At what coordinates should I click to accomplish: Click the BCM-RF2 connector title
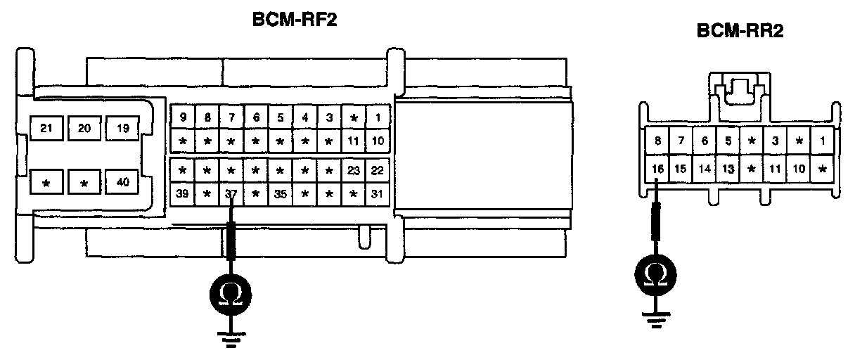(295, 20)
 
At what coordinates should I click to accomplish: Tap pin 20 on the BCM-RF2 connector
(84, 127)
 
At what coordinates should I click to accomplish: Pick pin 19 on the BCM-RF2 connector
(122, 127)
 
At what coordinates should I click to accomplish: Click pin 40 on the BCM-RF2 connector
(122, 183)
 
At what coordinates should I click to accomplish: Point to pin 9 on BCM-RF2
(183, 117)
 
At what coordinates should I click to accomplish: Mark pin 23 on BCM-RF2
(353, 169)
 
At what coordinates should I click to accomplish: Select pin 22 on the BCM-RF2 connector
(378, 169)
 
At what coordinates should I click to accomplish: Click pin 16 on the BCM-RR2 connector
(657, 169)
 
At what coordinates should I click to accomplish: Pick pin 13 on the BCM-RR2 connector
(728, 169)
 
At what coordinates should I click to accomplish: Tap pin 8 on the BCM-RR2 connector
(657, 141)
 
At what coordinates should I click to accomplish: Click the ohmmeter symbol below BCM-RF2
(231, 291)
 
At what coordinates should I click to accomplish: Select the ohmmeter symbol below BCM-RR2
(656, 273)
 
